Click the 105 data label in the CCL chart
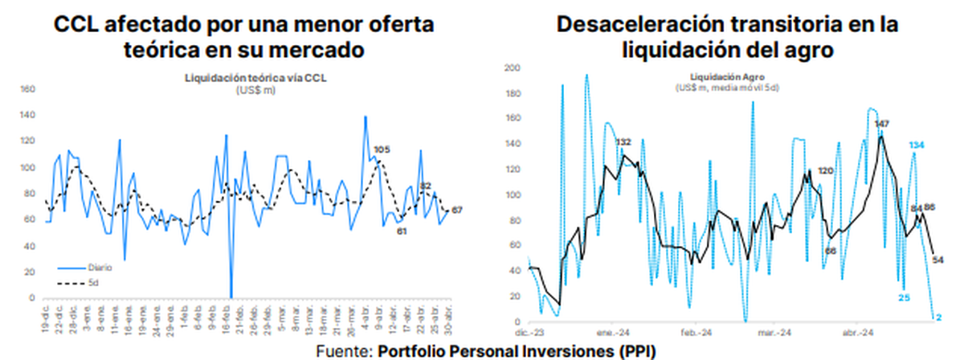[x=382, y=150]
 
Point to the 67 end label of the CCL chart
[x=457, y=210]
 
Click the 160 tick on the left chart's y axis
[x=27, y=89]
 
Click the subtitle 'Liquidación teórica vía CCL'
[x=256, y=79]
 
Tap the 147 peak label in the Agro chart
[x=882, y=124]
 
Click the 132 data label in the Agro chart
[x=623, y=142]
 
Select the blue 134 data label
[x=917, y=145]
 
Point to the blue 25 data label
[x=904, y=298]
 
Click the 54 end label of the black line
[x=937, y=259]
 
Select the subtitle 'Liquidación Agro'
[x=729, y=78]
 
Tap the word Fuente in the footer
[x=343, y=350]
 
